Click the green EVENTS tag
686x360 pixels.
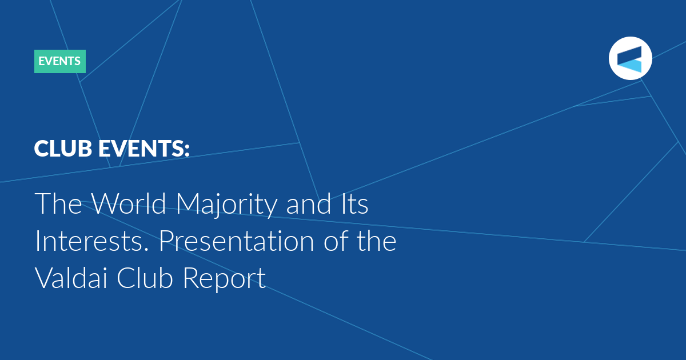tap(60, 61)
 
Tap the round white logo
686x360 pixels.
tap(630, 58)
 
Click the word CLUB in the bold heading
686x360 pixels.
tap(63, 149)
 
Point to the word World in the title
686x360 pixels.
tap(129, 203)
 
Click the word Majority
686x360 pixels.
tap(226, 205)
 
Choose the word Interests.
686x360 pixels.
tap(92, 241)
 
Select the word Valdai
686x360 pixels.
tap(71, 278)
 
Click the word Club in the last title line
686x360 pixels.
tap(145, 278)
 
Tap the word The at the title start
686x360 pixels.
tap(58, 203)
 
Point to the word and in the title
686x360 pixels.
tap(309, 203)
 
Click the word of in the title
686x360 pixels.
tap(336, 241)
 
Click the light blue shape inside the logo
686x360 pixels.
tap(629, 66)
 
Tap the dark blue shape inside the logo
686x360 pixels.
tap(629, 55)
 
